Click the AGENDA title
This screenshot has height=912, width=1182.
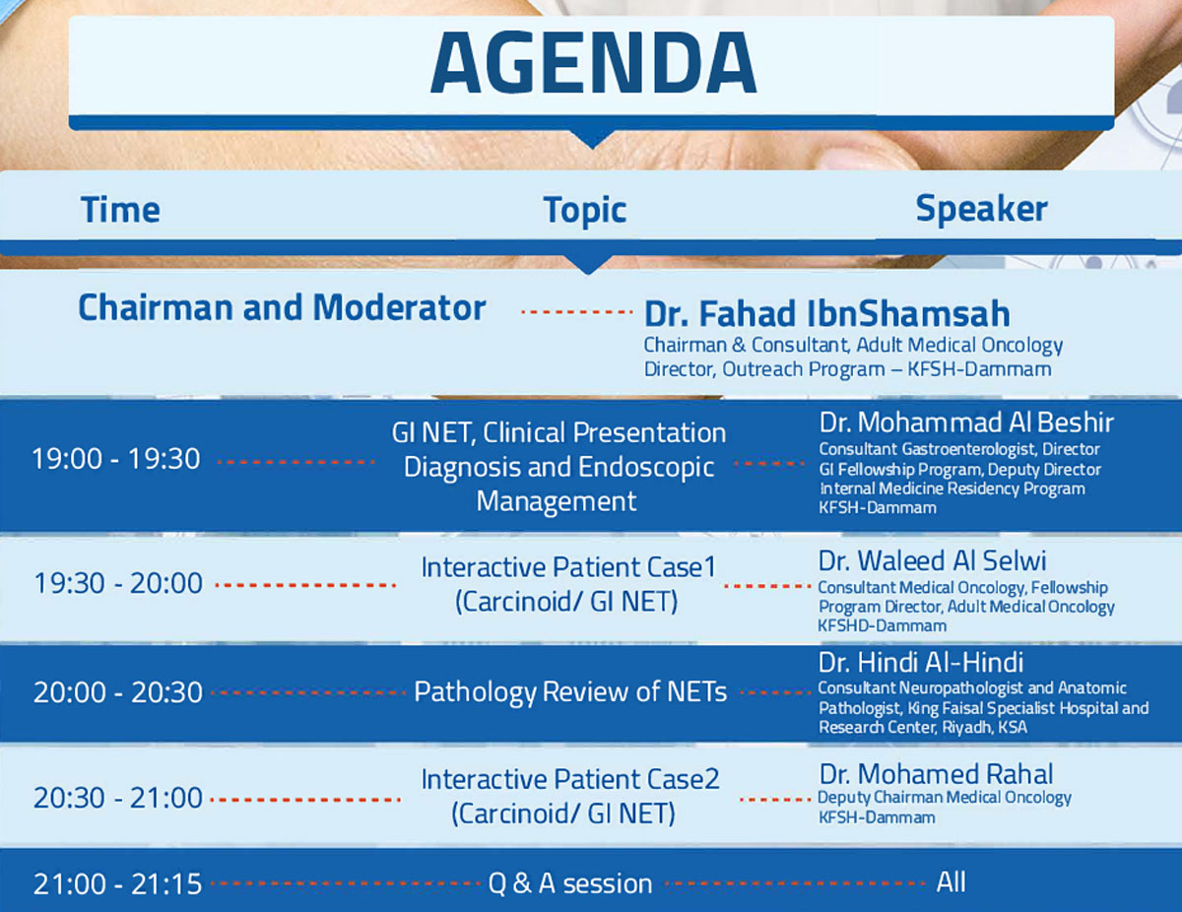point(593,63)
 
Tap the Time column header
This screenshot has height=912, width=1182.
point(120,210)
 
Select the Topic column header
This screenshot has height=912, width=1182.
point(585,211)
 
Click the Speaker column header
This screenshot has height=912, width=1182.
point(981,209)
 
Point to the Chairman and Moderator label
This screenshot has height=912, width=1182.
point(282,307)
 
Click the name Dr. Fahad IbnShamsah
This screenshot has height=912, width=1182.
point(826,314)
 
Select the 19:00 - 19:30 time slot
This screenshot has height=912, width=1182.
point(116,458)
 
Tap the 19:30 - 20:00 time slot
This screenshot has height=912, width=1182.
point(118,583)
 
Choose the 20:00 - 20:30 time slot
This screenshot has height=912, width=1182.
point(118,692)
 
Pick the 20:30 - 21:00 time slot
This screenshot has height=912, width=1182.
point(118,798)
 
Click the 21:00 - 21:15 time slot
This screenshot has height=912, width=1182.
point(117,884)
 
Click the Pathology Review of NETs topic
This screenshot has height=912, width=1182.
point(570,692)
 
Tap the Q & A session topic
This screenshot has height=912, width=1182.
point(570,883)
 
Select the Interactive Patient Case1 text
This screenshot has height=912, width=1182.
point(568,567)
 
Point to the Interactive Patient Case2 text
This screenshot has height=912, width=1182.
point(570,779)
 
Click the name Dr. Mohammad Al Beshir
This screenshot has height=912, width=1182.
point(966,423)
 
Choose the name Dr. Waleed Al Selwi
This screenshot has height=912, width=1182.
point(932,561)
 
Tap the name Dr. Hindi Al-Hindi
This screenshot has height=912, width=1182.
point(921,663)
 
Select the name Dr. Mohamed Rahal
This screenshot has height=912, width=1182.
point(936,774)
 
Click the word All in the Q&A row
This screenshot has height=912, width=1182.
point(951,882)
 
